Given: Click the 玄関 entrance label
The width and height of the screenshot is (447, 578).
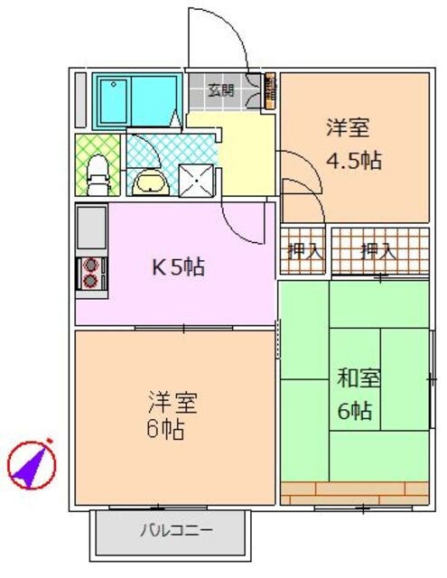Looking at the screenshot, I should point(221,89).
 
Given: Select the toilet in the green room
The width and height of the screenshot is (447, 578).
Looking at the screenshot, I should point(97,174).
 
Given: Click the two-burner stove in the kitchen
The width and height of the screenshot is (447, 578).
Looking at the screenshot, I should point(90,273).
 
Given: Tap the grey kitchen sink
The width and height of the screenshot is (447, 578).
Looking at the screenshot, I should point(91,228).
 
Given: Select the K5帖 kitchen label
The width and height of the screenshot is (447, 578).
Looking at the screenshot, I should point(176,267).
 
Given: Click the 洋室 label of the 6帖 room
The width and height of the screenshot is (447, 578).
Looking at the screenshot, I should point(172,400).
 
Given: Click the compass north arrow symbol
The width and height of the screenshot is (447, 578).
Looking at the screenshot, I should point(33,463).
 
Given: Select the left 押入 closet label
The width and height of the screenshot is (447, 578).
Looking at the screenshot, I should point(305,250).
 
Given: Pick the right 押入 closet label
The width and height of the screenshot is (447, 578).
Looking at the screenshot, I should point(378,250).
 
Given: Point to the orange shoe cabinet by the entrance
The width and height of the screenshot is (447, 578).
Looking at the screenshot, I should point(271,90).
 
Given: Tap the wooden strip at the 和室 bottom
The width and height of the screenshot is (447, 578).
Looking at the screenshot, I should point(354,493).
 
